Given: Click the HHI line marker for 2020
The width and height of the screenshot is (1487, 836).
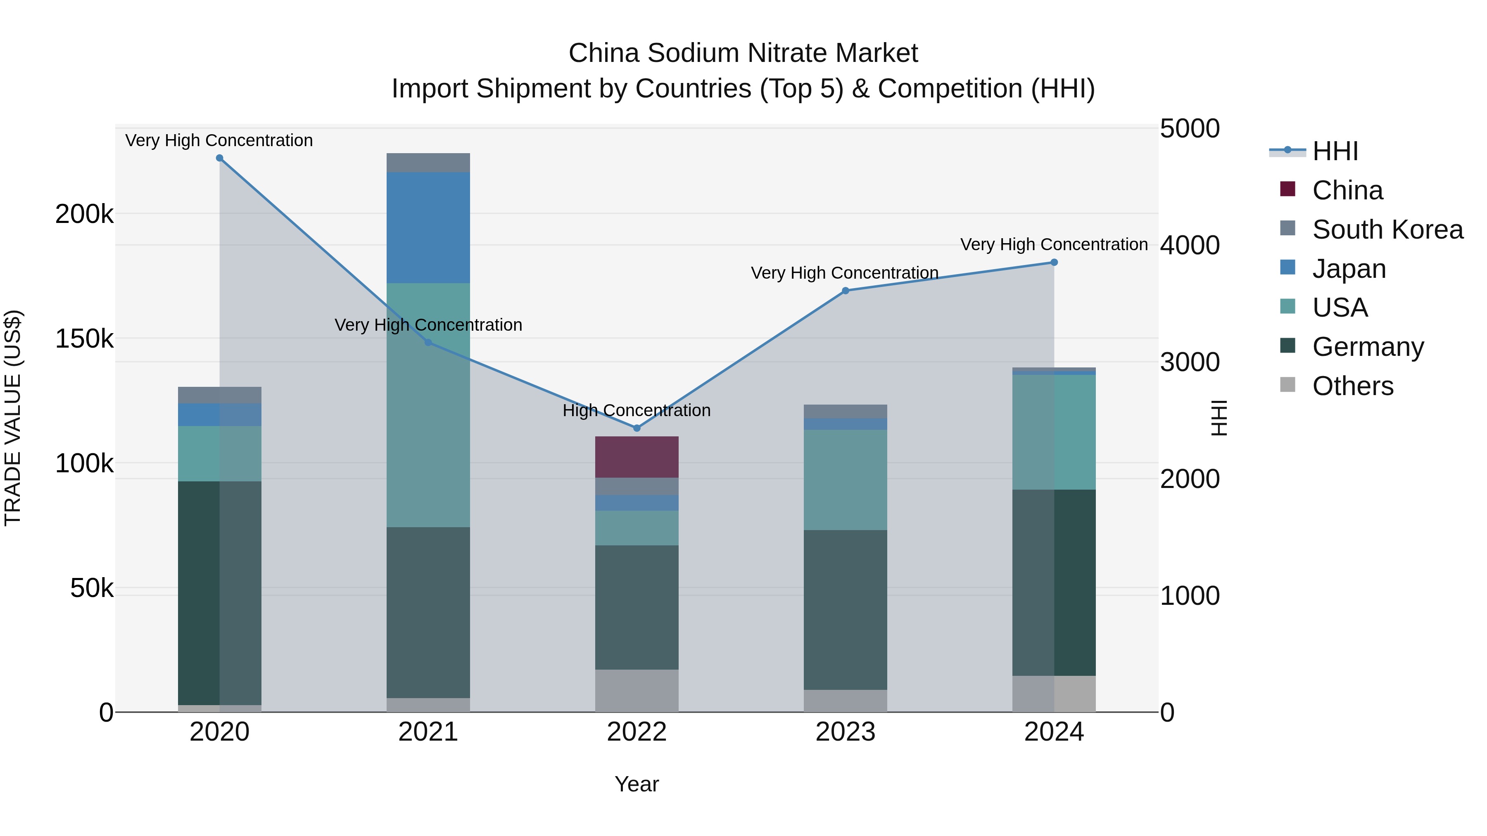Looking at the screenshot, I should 219,158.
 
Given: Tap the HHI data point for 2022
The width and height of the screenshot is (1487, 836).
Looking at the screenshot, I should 637,428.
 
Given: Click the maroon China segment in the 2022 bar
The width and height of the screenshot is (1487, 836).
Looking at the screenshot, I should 637,457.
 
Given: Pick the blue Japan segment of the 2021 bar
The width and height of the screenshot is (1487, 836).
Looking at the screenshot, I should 428,227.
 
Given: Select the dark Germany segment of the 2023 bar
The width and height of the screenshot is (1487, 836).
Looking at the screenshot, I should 845,609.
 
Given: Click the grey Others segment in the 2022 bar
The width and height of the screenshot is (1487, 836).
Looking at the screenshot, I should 637,691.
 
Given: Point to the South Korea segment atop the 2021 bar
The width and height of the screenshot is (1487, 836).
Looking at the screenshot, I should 428,163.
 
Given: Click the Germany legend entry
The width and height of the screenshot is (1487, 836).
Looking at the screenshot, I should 1368,347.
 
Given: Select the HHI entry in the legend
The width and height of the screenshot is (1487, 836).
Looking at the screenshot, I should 1335,151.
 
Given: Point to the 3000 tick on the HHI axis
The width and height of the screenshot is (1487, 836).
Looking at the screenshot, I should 1190,362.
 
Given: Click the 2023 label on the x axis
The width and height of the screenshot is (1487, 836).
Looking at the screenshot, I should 845,732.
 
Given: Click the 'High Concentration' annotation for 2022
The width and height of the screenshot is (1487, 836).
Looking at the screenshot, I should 637,410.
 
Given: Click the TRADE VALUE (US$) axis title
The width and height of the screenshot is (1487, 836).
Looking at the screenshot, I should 13,418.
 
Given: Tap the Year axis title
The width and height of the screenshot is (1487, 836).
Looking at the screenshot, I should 637,784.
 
